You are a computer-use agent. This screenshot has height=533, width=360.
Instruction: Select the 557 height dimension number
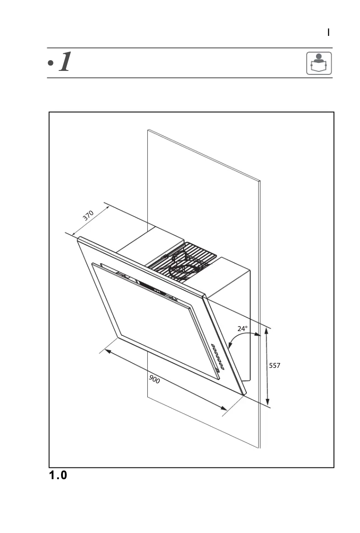(x=274, y=366)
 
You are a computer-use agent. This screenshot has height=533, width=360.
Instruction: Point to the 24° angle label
(x=242, y=328)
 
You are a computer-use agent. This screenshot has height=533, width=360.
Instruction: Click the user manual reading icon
(x=319, y=63)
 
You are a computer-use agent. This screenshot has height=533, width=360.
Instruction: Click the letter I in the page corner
(x=329, y=32)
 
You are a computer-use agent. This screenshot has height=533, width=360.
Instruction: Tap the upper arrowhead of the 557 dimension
(x=267, y=331)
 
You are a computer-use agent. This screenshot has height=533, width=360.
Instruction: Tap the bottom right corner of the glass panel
(x=244, y=394)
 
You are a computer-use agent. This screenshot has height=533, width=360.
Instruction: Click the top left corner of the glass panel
(x=78, y=238)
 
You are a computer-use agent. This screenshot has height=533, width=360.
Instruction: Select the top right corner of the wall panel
(x=260, y=181)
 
